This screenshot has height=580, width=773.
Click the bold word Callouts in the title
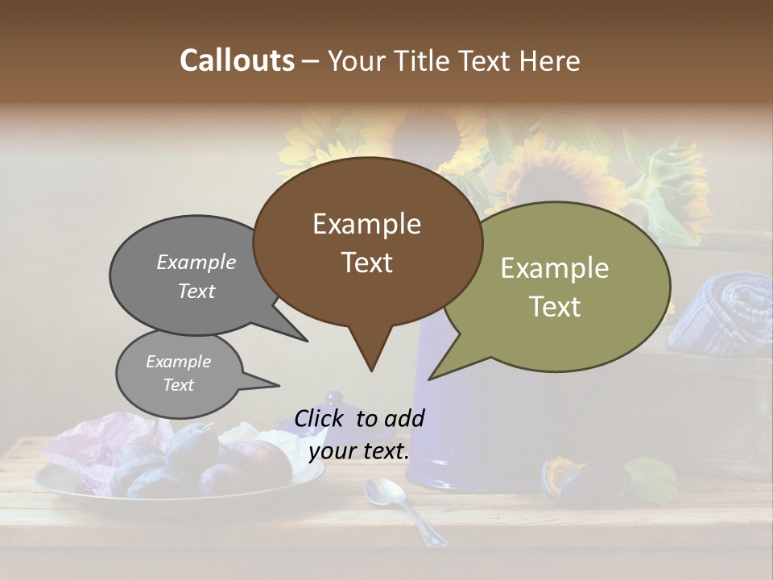tap(237, 60)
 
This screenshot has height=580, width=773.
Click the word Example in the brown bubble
tap(366, 223)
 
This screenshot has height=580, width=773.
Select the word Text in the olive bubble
tap(556, 307)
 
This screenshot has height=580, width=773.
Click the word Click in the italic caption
tap(321, 418)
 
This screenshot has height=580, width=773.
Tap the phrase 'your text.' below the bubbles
tap(359, 451)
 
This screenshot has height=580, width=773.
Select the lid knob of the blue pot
tap(333, 399)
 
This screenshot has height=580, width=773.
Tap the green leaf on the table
tap(651, 479)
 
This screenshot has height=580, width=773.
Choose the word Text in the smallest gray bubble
tap(179, 385)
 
